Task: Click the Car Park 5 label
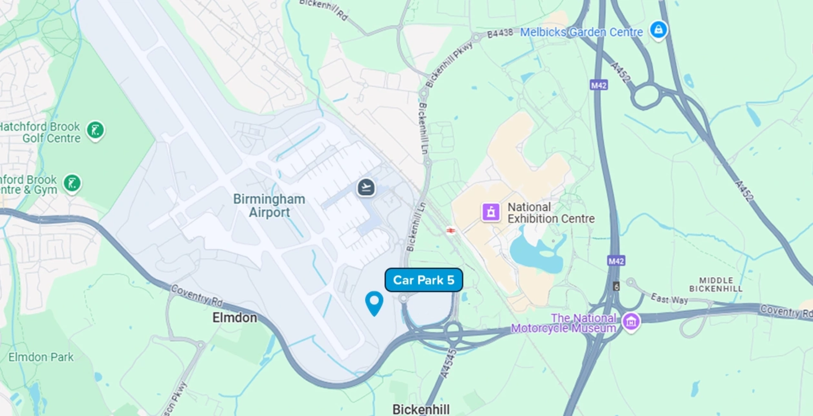click(423, 280)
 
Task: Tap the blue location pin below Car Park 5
click(374, 302)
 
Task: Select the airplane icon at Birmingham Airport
click(366, 187)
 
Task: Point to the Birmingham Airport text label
click(269, 206)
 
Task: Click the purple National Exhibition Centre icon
click(491, 212)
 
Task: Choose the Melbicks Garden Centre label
click(581, 32)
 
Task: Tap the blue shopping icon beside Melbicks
click(658, 30)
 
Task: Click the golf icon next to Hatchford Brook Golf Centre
click(96, 130)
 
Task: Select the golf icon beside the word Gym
click(72, 184)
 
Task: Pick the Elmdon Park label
click(41, 357)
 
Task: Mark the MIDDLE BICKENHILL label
click(716, 284)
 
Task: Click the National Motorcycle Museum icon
click(631, 322)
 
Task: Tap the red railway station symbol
click(451, 230)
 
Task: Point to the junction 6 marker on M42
click(617, 287)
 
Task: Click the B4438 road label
click(500, 33)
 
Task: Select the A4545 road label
click(448, 363)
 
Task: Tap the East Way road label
click(669, 299)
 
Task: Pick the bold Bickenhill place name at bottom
click(421, 409)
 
